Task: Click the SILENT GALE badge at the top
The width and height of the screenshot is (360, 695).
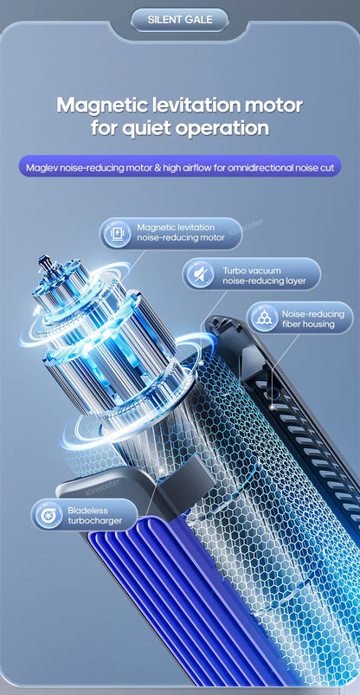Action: (x=180, y=18)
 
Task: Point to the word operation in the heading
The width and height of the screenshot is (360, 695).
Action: (x=220, y=129)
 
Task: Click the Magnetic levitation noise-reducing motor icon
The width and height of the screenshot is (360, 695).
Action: (x=115, y=233)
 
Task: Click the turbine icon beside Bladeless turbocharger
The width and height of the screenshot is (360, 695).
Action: (x=48, y=516)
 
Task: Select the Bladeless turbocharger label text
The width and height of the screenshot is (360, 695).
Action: (x=98, y=516)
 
